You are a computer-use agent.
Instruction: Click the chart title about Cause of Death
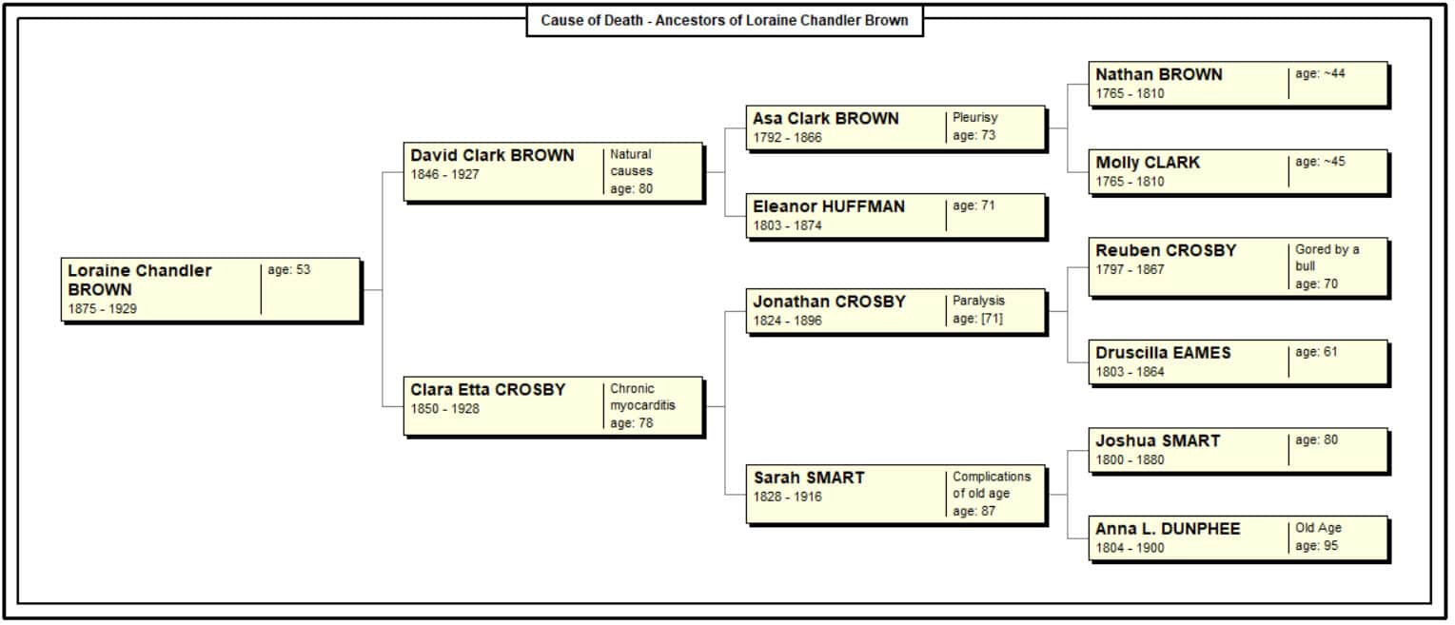[x=724, y=20]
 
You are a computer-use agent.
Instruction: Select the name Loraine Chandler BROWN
[x=140, y=280]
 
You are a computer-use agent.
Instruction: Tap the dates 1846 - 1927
[x=445, y=175]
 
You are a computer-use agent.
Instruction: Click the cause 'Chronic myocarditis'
[x=642, y=398]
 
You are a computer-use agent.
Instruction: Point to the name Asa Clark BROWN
[x=826, y=119]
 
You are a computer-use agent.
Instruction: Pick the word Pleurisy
[x=975, y=117]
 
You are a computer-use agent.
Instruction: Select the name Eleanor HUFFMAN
[x=829, y=206]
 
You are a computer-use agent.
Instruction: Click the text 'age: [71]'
[x=977, y=319]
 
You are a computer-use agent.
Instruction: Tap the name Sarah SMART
[x=809, y=478]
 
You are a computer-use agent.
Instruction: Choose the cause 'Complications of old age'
[x=992, y=485]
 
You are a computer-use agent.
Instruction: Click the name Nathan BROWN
[x=1159, y=74]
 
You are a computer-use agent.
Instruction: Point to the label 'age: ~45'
[x=1320, y=162]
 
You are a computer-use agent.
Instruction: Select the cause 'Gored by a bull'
[x=1327, y=258]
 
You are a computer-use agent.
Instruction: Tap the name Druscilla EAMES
[x=1163, y=353]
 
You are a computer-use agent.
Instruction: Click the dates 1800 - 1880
[x=1130, y=460]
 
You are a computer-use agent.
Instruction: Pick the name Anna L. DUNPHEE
[x=1168, y=529]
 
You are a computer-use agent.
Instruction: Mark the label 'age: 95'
[x=1317, y=546]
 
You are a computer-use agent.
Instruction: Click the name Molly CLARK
[x=1148, y=163]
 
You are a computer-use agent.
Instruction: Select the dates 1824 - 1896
[x=787, y=321]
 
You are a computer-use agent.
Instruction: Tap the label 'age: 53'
[x=289, y=269]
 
